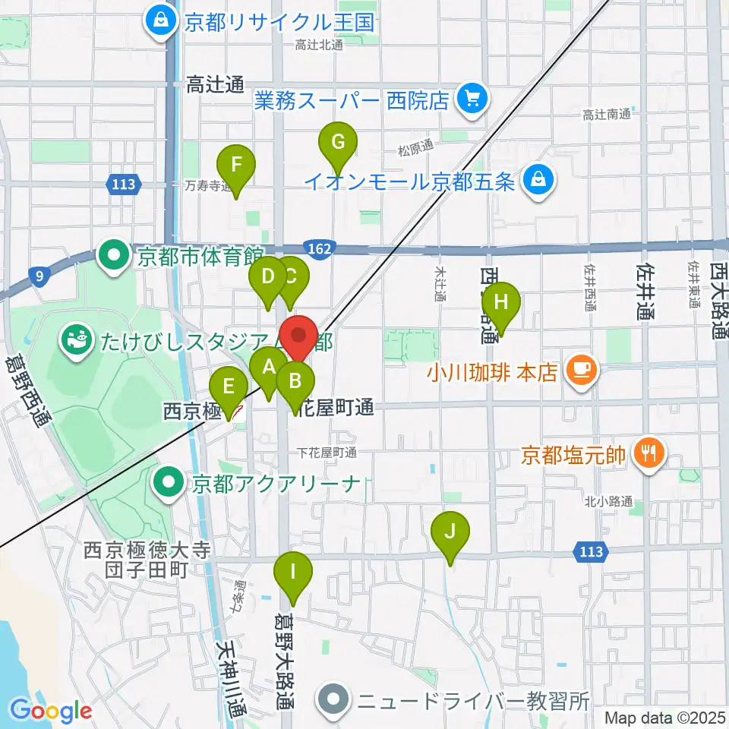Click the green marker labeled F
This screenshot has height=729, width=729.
pyautogui.click(x=236, y=166)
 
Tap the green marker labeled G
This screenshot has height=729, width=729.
pyautogui.click(x=338, y=143)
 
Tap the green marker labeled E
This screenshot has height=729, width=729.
pyautogui.click(x=228, y=387)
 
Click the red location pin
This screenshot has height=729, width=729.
pyautogui.click(x=298, y=336)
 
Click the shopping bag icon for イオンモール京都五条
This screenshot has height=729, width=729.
pyautogui.click(x=538, y=181)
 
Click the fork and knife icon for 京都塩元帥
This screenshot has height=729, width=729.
pyautogui.click(x=648, y=454)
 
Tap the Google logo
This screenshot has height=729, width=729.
pyautogui.click(x=51, y=710)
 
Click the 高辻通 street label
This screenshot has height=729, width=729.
pyautogui.click(x=214, y=85)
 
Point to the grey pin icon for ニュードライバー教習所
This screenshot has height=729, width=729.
pyautogui.click(x=333, y=698)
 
